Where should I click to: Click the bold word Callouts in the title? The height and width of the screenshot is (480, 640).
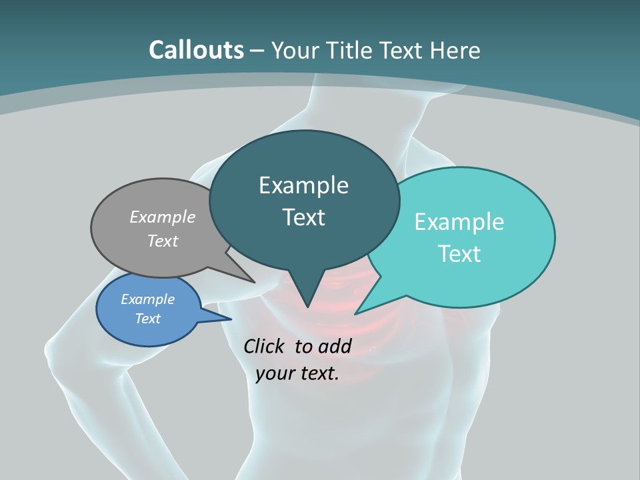point(196,50)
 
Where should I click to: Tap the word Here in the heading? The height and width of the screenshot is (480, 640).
point(455,50)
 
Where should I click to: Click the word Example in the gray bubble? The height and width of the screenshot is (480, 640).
point(163,217)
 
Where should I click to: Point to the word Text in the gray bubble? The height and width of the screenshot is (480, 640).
point(163,241)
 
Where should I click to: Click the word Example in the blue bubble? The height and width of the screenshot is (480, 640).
point(148,299)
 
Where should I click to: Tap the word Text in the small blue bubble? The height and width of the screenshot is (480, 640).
point(148,319)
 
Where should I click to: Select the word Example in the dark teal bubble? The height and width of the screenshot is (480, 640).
point(303,185)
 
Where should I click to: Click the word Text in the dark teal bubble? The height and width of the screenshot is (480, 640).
point(303,217)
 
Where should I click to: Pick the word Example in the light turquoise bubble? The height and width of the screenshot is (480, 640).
point(459,222)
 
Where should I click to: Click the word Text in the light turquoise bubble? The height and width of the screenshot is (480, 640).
point(459,254)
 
